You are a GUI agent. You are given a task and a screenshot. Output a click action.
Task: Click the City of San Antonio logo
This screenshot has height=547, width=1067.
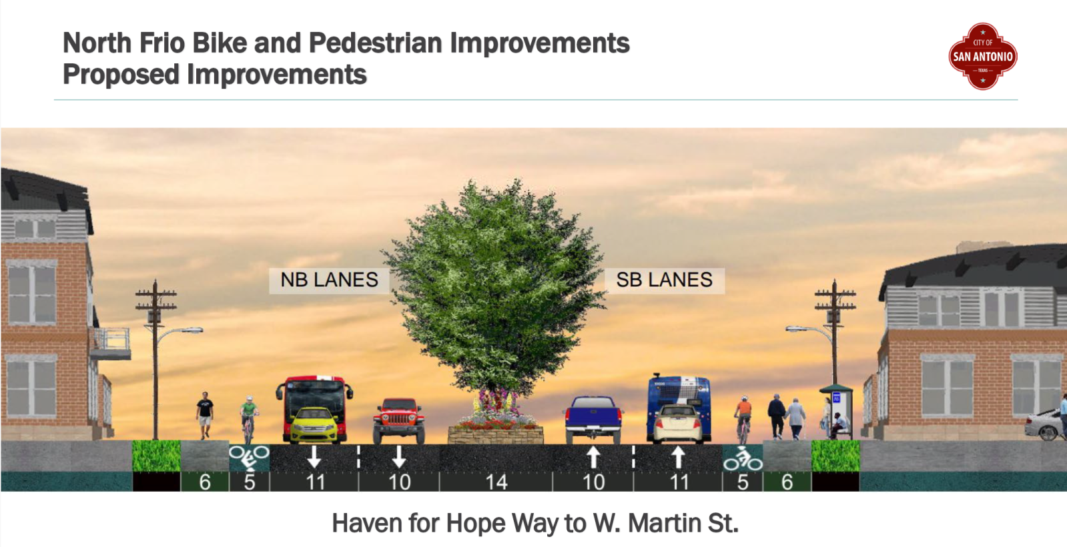point(982,56)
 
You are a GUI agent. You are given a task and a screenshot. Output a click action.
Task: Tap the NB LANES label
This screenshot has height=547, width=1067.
point(329,280)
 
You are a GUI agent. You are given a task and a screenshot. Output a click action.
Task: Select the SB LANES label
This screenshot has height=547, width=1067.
point(665,280)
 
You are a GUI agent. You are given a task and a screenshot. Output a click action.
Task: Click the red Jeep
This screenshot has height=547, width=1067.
point(398,421)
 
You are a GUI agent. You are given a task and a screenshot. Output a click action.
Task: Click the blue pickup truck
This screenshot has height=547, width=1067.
point(593,420)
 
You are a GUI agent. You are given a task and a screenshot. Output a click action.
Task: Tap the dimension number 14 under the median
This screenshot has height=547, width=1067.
point(496,482)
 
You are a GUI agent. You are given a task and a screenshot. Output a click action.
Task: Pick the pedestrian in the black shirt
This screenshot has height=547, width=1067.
point(205,415)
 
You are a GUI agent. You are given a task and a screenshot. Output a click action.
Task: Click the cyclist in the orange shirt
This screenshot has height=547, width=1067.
point(743,419)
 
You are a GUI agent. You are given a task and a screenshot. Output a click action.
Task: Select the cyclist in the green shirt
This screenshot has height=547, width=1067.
point(249,420)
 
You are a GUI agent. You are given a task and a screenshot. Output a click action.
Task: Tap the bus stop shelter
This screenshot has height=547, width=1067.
point(837,412)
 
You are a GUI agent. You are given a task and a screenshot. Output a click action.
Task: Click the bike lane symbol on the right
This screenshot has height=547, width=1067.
point(743,458)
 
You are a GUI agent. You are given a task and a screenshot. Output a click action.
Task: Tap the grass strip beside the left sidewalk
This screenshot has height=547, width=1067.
point(156,456)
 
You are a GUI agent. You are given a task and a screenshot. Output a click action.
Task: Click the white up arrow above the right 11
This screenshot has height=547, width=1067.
point(678,457)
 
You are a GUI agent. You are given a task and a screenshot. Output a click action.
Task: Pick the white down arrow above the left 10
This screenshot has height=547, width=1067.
point(399,457)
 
